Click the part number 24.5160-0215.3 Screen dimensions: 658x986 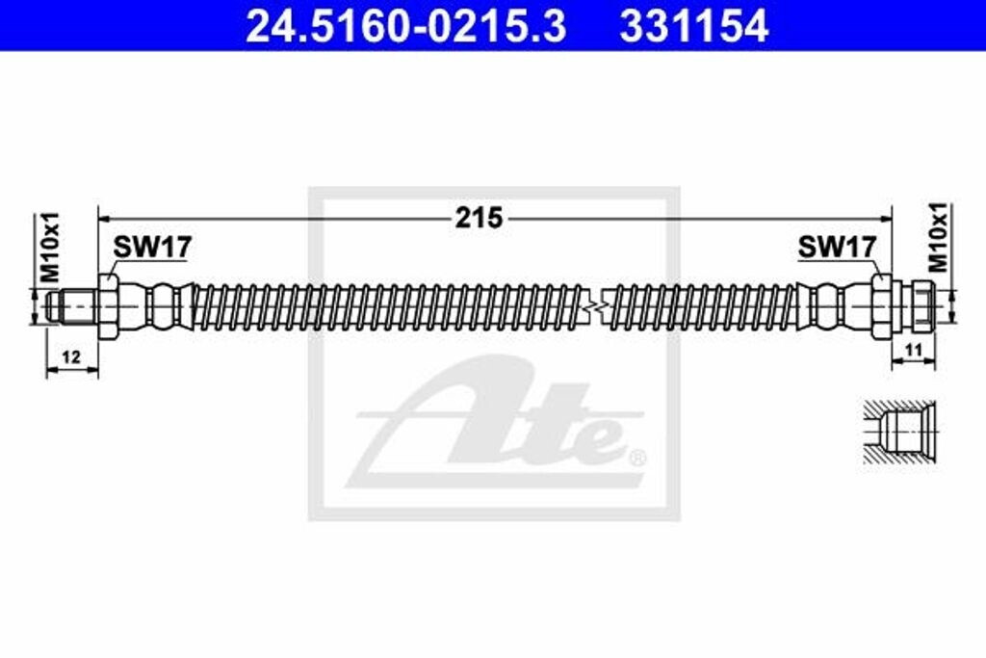(x=405, y=26)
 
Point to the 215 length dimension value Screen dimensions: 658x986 (x=480, y=219)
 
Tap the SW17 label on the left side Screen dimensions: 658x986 (x=152, y=248)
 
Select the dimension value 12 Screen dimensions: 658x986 (x=71, y=356)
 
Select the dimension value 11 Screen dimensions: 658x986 (x=915, y=350)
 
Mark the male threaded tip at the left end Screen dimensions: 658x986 (x=72, y=307)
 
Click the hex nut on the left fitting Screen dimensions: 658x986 (x=108, y=306)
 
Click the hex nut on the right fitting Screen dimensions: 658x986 (x=880, y=306)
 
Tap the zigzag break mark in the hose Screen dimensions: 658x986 (x=598, y=307)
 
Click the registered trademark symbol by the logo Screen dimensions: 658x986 (x=636, y=456)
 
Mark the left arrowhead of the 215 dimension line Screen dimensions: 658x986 (x=105, y=220)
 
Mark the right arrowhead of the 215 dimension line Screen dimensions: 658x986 (x=887, y=220)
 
